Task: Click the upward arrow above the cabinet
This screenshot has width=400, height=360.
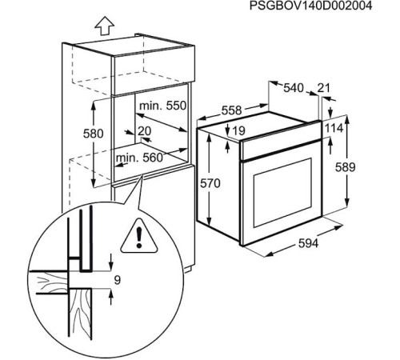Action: (102, 26)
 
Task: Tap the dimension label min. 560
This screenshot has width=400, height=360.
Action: (138, 158)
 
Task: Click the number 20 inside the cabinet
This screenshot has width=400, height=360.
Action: (144, 131)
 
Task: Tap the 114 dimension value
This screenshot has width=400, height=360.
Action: (334, 128)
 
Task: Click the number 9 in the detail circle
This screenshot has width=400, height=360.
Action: (116, 280)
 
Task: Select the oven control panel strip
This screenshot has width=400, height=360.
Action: (280, 143)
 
